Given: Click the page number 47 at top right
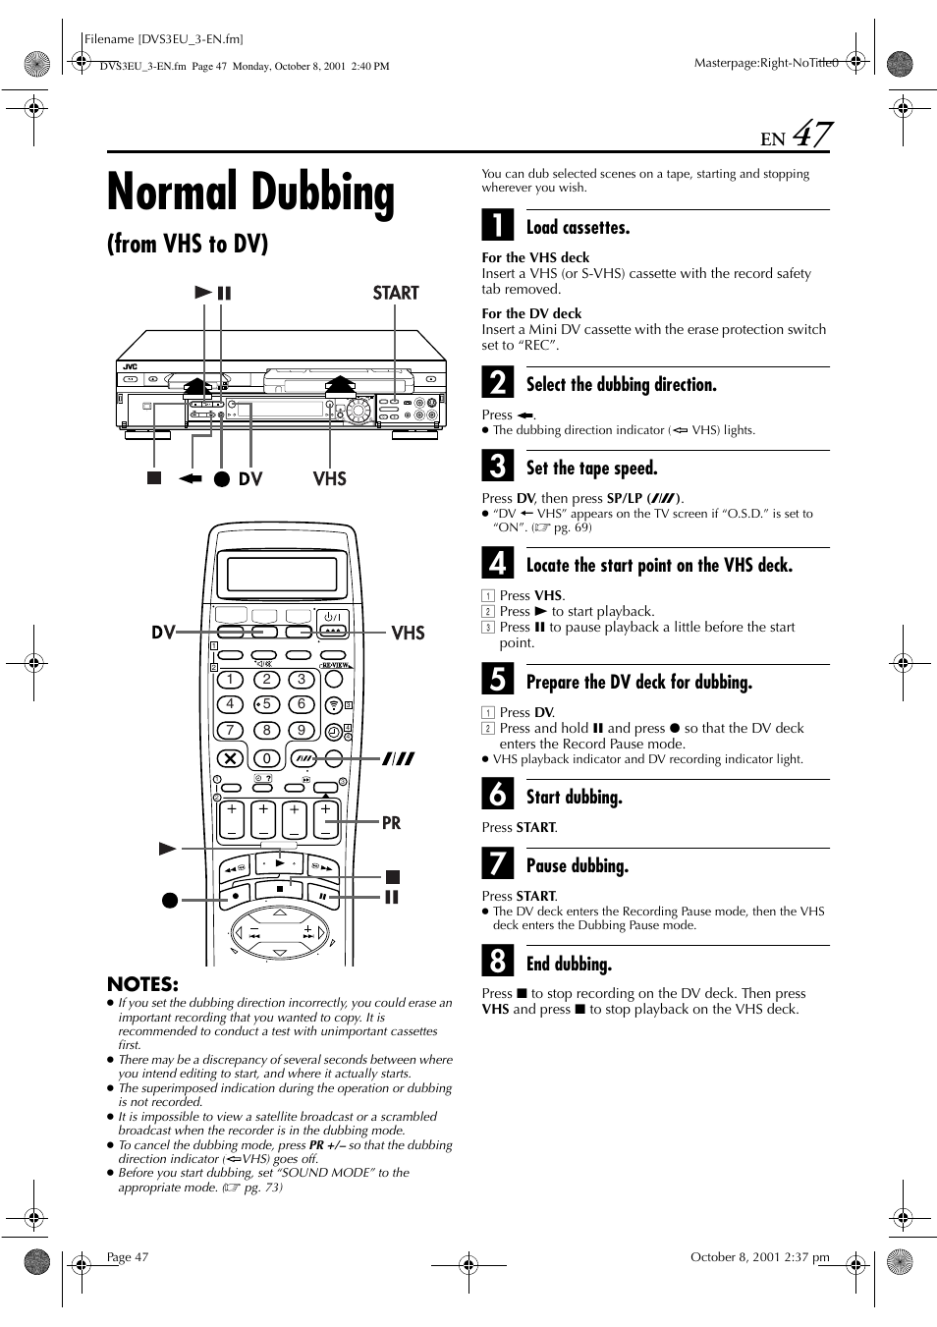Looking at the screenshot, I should coord(811,135).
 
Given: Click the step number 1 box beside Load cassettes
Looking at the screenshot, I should coord(497,226).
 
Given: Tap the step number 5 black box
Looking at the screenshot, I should coord(497,680).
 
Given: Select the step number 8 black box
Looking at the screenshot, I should coord(497,962).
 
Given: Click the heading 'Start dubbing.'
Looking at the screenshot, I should coord(574,797).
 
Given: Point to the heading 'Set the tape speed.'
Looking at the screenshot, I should coord(591,468).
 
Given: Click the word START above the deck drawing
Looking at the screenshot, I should coord(395,293).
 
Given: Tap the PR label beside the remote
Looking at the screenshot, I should coord(391,823).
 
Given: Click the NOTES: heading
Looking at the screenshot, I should coord(142,984).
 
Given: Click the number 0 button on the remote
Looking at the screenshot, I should coord(266,757).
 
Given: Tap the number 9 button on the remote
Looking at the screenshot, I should coord(302,731).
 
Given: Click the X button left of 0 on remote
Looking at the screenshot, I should coord(230,757).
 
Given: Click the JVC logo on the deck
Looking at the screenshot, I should coord(131,366).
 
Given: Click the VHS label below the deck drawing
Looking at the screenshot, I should coord(329,478).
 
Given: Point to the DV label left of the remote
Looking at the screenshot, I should coord(163,633).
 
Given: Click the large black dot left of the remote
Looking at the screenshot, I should coord(170,899).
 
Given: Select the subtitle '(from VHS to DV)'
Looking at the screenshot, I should coord(187,244).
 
